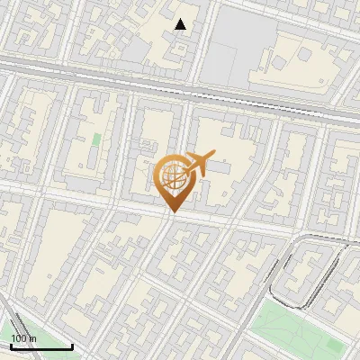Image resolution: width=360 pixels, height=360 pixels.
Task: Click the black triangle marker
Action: [x=181, y=24]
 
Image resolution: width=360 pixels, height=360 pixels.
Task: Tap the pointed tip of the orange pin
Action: [x=172, y=211]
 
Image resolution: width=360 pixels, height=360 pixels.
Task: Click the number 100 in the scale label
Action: [x=18, y=338]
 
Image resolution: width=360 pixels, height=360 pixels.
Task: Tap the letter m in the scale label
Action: [x=32, y=338]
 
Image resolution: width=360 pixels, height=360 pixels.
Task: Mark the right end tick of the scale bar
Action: [x=72, y=346]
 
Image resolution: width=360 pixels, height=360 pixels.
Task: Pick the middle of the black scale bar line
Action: [x=40, y=347]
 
